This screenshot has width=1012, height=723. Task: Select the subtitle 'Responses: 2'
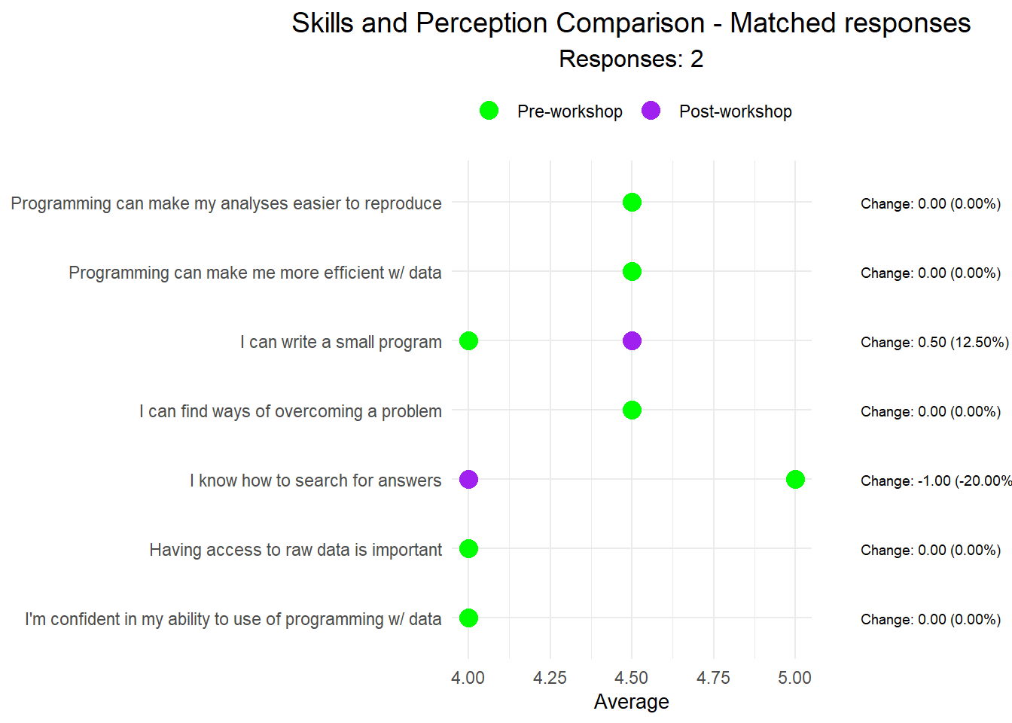631,59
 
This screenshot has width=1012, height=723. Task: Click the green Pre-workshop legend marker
489,111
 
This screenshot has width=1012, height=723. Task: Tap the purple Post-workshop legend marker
651,111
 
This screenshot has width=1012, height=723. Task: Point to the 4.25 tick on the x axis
550,678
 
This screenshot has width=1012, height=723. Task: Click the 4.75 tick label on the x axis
713,678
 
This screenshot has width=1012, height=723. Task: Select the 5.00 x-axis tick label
794,678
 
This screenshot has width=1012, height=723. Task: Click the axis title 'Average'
631,702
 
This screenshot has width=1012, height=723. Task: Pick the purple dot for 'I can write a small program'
632,341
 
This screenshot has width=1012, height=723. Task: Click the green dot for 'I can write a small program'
468,341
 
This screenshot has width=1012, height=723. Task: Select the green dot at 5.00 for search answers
795,479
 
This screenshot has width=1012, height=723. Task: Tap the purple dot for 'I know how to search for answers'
468,479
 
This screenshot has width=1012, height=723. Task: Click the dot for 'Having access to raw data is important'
468,549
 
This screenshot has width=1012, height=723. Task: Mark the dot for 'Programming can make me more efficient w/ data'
632,272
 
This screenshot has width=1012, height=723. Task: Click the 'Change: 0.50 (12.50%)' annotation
934,343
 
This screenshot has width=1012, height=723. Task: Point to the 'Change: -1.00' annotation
934,481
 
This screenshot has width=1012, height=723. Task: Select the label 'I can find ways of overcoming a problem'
290,411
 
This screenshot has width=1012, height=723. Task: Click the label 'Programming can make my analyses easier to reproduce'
226,203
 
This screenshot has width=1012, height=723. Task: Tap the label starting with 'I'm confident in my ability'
233,619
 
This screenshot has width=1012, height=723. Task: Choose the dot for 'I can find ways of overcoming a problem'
632,410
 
